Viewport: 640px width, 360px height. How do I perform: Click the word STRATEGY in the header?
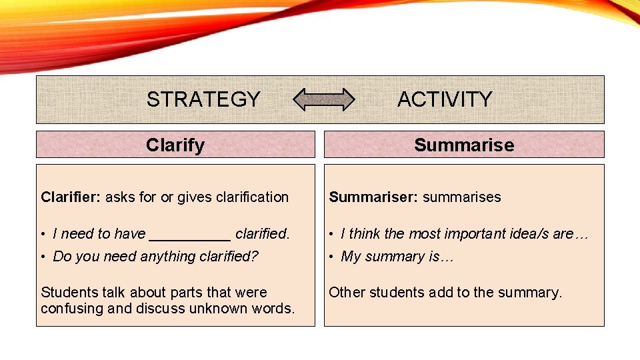203,99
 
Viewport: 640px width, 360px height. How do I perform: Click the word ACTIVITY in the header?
445,99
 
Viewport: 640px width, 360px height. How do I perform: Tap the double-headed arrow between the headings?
325,99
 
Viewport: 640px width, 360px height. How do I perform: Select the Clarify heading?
175,145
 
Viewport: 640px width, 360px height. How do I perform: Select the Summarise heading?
464,145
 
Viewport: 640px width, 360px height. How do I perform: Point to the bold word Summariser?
374,197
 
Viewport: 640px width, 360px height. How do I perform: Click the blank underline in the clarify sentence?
190,235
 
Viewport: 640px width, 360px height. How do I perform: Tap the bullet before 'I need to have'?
43,234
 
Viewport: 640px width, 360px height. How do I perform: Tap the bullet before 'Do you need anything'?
43,257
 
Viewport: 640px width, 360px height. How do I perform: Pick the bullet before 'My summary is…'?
331,257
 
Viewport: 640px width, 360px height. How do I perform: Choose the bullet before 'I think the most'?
331,234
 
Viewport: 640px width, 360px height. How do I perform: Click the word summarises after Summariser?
462,197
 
